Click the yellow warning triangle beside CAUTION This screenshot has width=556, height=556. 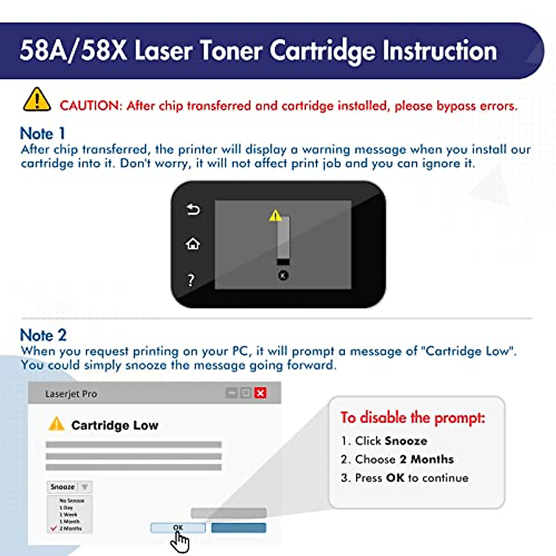tap(37, 100)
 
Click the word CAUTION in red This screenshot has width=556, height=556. tap(90, 106)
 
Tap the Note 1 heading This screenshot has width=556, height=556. tap(43, 133)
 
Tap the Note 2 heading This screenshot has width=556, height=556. tap(43, 335)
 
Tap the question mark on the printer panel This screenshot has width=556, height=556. tap(190, 280)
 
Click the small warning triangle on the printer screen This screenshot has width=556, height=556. tap(275, 215)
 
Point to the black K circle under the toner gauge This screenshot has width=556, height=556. tap(283, 276)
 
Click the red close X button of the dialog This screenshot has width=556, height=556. tap(260, 393)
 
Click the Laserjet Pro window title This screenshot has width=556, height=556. tap(71, 394)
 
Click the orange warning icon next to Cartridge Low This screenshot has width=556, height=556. tap(56, 423)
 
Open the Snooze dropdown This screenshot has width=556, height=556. tap(69, 487)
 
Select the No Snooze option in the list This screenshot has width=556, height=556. tap(71, 501)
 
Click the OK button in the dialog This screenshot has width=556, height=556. tap(178, 528)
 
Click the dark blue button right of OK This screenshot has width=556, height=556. tap(239, 528)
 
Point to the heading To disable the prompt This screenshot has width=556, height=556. tap(412, 417)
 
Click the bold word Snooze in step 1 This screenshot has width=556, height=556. tap(406, 441)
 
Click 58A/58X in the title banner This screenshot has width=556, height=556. tap(73, 50)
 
